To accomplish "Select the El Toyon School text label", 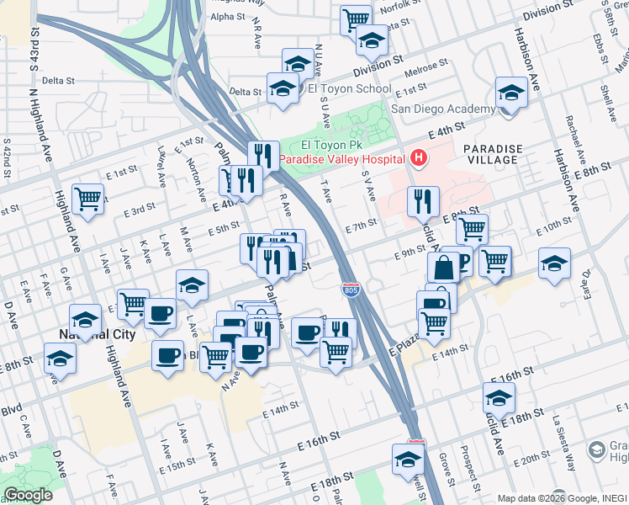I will [349, 88].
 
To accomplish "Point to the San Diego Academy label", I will [444, 109].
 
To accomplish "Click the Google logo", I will [28, 495].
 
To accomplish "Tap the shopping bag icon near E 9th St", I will [442, 268].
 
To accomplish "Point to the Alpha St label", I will [227, 16].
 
